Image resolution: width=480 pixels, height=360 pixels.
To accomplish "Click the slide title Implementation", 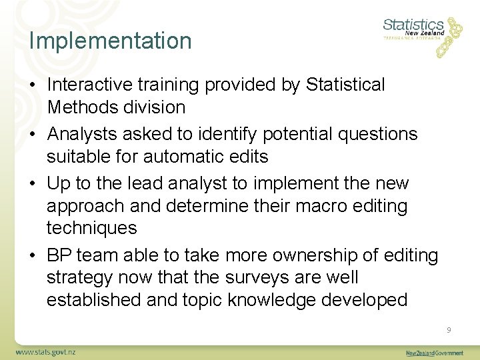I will point(110,41).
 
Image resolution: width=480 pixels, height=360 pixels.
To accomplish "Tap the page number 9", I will point(449,330).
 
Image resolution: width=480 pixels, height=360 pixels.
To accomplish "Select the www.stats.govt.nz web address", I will point(46,351).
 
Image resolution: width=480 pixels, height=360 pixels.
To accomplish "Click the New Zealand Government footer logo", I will point(435,353).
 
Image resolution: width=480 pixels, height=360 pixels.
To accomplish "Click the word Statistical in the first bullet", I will point(345,85).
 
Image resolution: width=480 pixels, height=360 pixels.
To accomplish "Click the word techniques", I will point(91,228).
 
